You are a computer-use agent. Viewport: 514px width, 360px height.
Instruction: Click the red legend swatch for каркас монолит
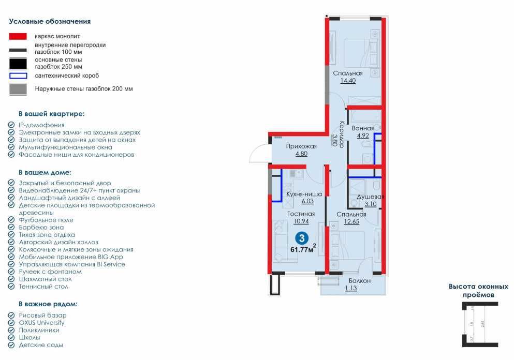tap(18, 37)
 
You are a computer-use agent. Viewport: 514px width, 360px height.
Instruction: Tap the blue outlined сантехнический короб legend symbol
tap(18, 76)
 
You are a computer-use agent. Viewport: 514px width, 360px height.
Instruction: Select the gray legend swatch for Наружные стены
tap(18, 89)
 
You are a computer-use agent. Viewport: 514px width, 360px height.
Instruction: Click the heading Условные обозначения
tap(50, 22)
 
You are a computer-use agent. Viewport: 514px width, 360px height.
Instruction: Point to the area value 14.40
tap(347, 81)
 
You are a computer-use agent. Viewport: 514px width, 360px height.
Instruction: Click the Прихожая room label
tap(301, 146)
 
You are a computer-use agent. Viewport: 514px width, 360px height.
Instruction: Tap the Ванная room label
tap(362, 128)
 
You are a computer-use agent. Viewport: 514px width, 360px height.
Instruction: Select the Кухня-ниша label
tap(304, 194)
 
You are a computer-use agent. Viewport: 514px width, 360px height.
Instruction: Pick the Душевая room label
tap(369, 197)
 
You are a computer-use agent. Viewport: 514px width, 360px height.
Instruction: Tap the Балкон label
tap(356, 281)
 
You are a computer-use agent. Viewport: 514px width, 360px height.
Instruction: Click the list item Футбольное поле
tap(46, 220)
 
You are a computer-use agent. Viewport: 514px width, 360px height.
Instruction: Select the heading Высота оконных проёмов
tap(478, 290)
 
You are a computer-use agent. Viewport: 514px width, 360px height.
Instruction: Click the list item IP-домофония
tap(41, 125)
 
